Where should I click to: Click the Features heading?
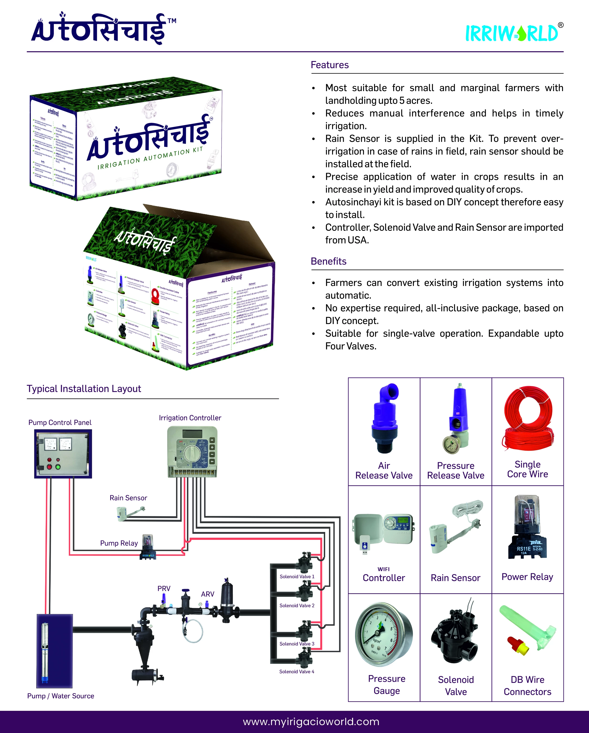pos(329,65)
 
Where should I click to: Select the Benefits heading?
pos(328,261)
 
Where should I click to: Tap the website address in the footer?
pos(311,722)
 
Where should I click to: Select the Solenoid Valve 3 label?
pos(297,644)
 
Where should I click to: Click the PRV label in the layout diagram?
pos(164,588)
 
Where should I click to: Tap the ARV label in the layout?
pos(208,594)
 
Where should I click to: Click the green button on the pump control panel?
pos(58,467)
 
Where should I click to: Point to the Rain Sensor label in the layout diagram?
pos(128,498)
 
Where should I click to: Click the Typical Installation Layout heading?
pos(84,389)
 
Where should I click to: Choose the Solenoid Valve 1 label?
pos(297,576)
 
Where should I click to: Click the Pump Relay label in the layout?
pos(119,543)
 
